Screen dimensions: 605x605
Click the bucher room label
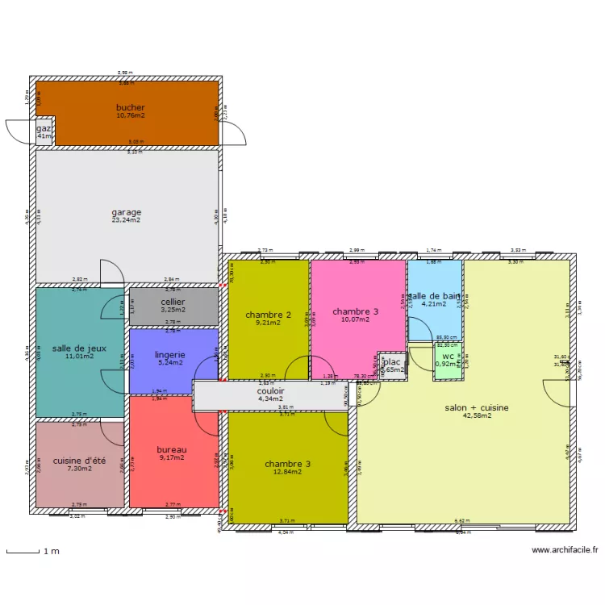[x=130, y=107]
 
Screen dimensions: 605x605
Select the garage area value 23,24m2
[x=126, y=220]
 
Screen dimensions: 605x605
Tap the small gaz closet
[x=44, y=132]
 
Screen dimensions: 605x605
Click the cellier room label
[x=173, y=302]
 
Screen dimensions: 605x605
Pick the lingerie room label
[x=170, y=354]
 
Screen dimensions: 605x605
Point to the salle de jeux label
[x=78, y=348]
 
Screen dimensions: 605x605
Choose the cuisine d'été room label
[x=79, y=461]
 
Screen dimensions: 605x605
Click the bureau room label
[x=171, y=449]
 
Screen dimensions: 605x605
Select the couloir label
[x=270, y=390]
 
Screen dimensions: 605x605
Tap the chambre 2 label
[x=268, y=315]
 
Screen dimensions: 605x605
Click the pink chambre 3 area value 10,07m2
[x=355, y=320]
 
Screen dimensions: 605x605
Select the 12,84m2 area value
[x=287, y=473]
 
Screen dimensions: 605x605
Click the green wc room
[x=448, y=359]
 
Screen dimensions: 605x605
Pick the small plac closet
[x=393, y=365]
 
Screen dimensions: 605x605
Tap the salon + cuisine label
[x=476, y=407]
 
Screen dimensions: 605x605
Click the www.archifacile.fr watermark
[x=565, y=550]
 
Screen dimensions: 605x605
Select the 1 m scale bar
[x=24, y=552]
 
